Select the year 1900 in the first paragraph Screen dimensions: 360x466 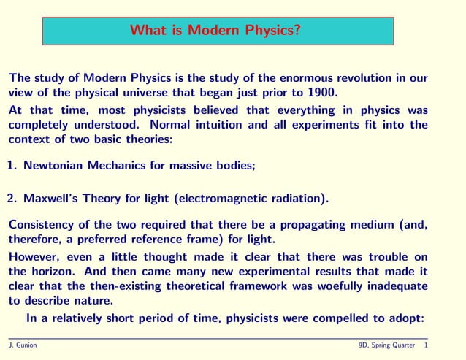pos(319,93)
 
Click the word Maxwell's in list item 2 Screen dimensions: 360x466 pos(51,198)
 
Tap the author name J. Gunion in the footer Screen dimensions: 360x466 pos(23,345)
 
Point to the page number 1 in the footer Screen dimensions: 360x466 pos(426,345)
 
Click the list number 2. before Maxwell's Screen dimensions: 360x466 pos(12,198)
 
